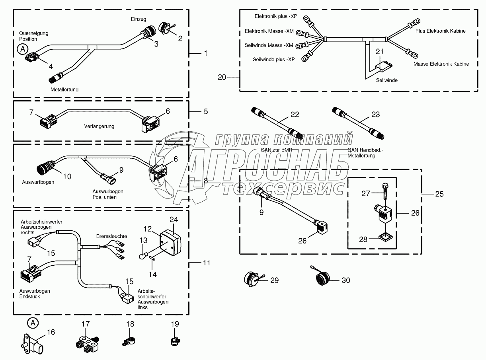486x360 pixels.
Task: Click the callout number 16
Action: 51,332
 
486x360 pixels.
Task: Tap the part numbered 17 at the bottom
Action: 86,342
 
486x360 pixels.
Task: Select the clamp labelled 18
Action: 129,341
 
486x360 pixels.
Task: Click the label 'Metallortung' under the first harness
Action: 64,90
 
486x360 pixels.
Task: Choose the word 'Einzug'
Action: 139,19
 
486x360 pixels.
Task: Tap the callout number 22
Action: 295,114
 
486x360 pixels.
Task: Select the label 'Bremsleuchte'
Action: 112,236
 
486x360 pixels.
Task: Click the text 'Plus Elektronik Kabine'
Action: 440,31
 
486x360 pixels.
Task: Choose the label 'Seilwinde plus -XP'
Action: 273,59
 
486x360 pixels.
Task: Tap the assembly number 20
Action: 222,77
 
